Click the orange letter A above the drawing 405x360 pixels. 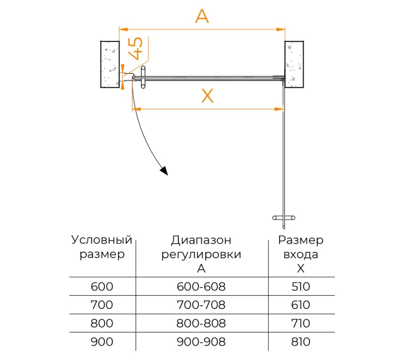202,16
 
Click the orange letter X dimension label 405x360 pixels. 207,95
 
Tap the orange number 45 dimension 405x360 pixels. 136,47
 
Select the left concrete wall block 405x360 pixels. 109,64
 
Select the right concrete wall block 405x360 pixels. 293,64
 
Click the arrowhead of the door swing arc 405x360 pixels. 164,171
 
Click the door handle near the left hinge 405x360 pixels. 143,77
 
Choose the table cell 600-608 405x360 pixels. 202,287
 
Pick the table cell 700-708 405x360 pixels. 202,305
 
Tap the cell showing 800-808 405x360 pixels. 202,323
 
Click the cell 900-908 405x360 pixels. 202,342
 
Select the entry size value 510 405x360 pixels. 301,287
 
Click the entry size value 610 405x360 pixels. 301,305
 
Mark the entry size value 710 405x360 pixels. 301,323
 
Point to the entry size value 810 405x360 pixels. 301,342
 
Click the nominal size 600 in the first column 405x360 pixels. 101,287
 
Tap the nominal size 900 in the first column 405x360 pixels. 101,342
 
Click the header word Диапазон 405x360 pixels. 201,241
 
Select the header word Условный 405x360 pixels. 101,240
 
